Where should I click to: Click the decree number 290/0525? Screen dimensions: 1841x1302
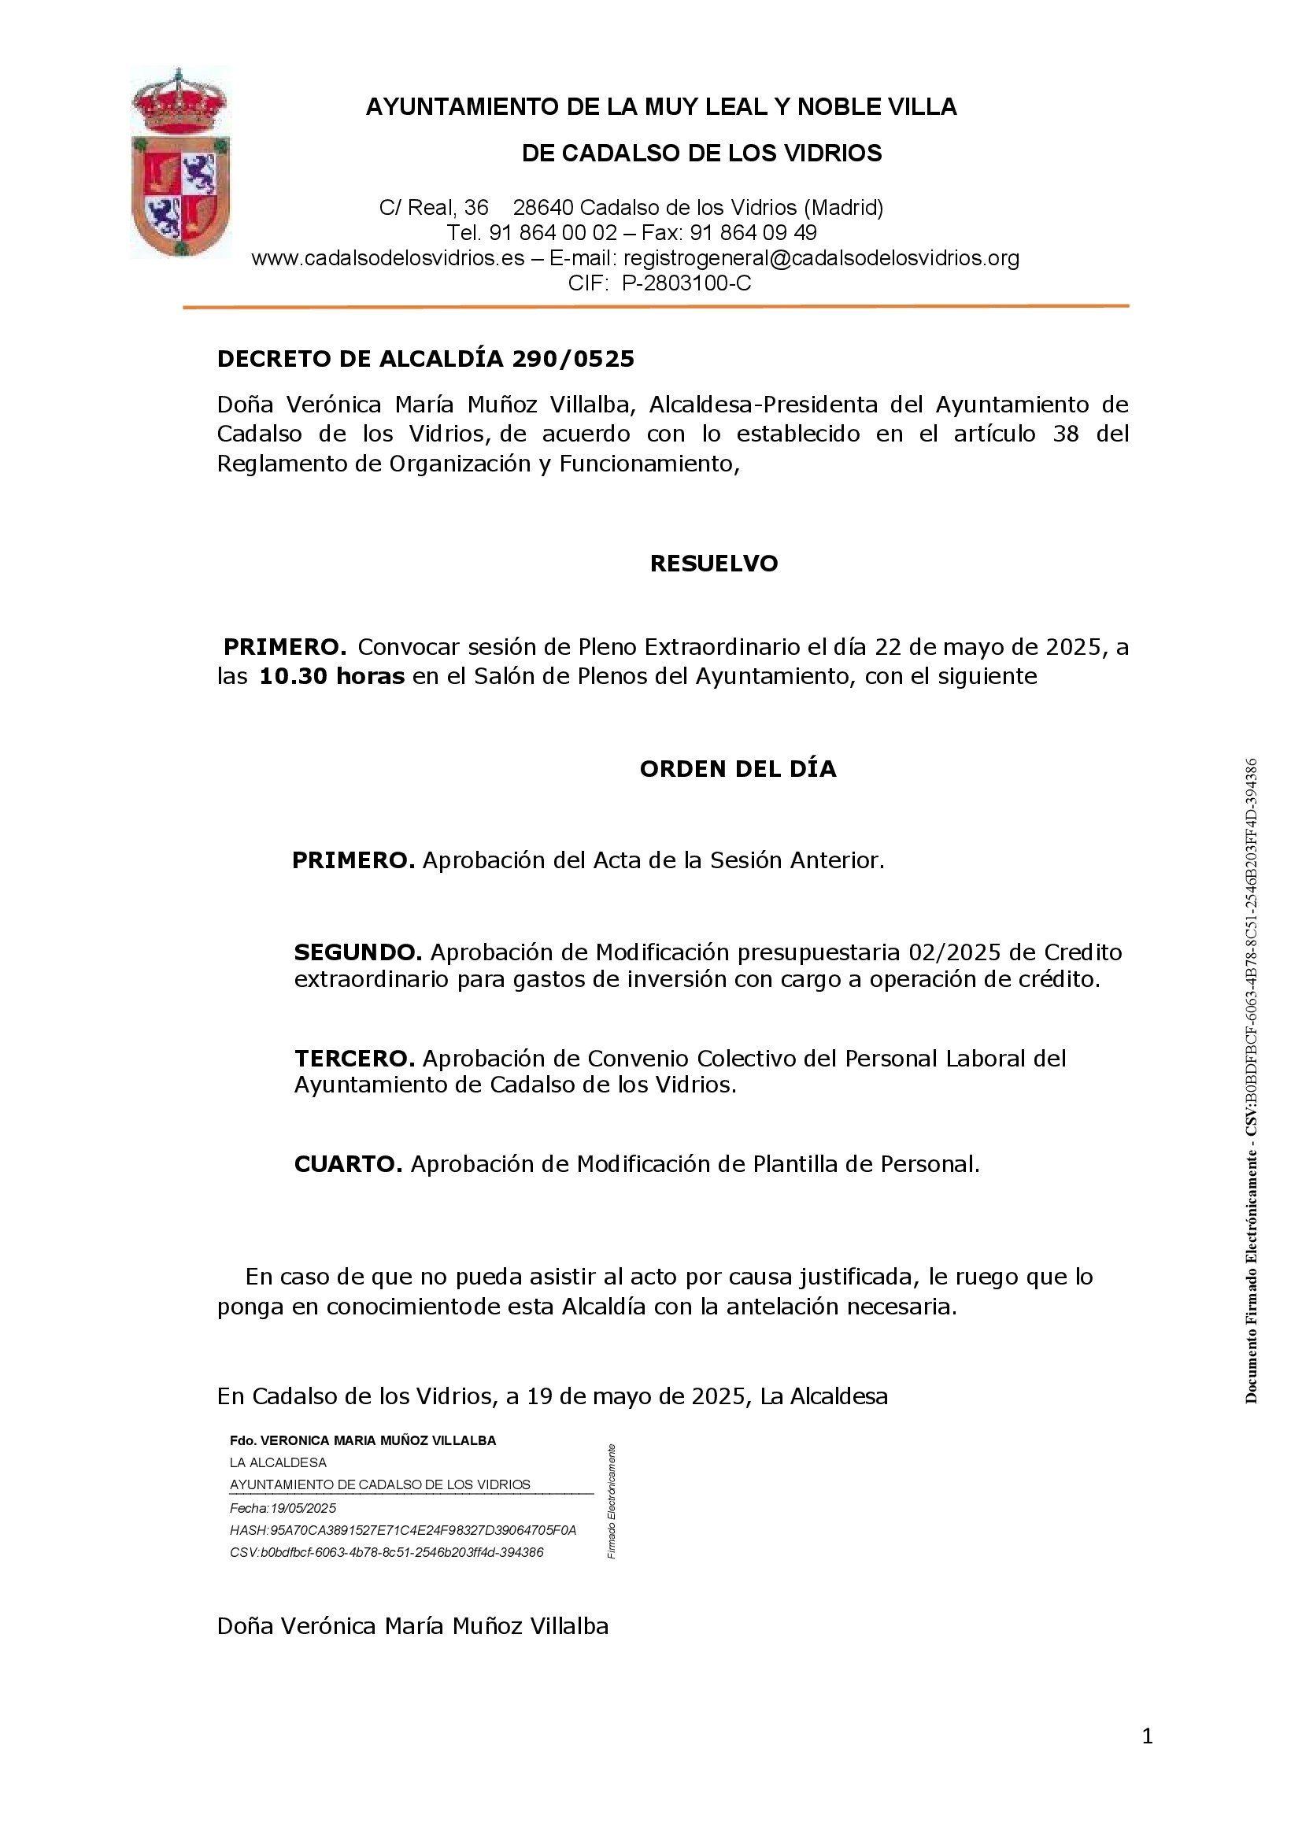tap(572, 359)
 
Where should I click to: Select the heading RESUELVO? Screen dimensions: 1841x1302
tap(713, 564)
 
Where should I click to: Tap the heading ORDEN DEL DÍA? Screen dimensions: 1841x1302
tap(738, 769)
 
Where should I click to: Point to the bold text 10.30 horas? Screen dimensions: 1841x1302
tap(332, 676)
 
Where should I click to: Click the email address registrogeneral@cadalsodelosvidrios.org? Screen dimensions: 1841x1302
tap(821, 258)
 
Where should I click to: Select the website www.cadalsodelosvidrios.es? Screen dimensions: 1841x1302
tap(388, 258)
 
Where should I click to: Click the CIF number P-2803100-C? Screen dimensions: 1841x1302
tap(686, 283)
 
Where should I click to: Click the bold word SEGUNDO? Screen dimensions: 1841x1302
tap(357, 952)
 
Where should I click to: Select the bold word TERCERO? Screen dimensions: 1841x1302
tap(354, 1059)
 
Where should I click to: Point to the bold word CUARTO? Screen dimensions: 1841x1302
tap(348, 1164)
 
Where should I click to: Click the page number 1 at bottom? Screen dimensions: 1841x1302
tap(1147, 1737)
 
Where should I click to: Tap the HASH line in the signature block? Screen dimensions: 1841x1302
tap(402, 1530)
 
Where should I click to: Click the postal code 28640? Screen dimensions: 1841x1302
tap(543, 209)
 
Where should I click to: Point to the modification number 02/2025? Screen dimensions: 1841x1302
tap(954, 952)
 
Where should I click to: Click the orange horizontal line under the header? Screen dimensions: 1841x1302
tap(655, 306)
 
